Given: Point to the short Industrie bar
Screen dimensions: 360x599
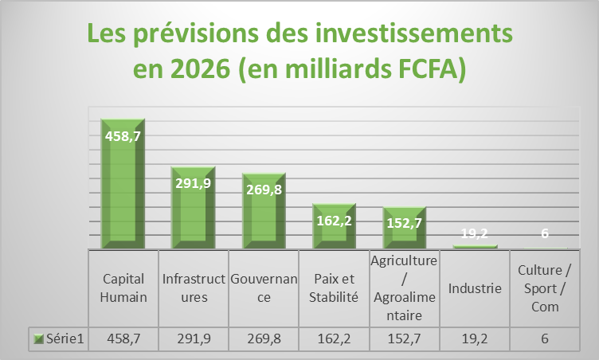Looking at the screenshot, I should click(x=474, y=246).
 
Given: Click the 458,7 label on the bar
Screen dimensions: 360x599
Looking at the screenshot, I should click(x=123, y=136).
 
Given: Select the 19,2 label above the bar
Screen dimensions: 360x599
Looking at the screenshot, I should click(x=474, y=234).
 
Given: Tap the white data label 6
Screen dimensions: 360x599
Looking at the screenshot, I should click(x=545, y=234).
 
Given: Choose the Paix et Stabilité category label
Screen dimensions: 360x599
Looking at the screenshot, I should click(x=334, y=288).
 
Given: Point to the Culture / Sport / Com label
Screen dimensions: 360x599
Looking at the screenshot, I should click(x=545, y=288).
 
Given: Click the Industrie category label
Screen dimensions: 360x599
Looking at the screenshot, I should click(x=475, y=288).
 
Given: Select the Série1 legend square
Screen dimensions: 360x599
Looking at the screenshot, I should click(x=39, y=338).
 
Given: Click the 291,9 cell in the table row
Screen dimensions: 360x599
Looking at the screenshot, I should click(x=194, y=338).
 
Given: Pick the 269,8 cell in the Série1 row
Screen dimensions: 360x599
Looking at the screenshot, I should click(x=264, y=338).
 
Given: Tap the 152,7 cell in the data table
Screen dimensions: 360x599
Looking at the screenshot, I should click(x=404, y=338).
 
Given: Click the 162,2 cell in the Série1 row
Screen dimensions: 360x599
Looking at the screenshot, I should click(x=334, y=338).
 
